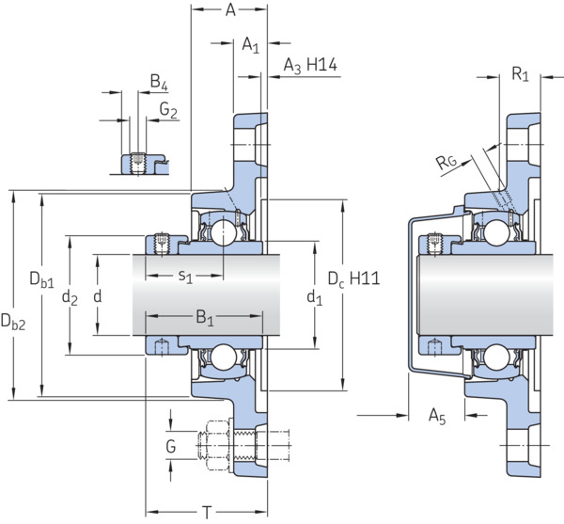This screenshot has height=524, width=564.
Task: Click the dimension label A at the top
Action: click(x=230, y=10)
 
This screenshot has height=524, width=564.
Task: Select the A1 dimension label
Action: click(x=250, y=45)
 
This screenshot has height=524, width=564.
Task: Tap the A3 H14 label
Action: click(x=310, y=66)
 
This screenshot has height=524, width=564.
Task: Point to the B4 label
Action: click(x=159, y=82)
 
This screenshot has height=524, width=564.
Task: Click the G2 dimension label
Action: click(x=168, y=109)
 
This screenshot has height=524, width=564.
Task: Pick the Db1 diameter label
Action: click(x=41, y=279)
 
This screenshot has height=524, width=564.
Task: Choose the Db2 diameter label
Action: click(x=13, y=322)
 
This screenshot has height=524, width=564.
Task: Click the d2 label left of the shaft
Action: click(x=70, y=298)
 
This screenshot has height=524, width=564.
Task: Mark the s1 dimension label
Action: click(x=185, y=277)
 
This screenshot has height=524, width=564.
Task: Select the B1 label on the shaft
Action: click(x=205, y=319)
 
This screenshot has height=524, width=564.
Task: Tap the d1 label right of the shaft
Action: click(x=314, y=297)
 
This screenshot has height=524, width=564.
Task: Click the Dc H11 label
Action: click(x=354, y=279)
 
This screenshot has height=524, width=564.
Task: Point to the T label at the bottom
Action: click(x=207, y=513)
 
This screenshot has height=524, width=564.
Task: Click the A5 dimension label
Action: click(x=437, y=417)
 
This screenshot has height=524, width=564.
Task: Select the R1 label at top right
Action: click(x=520, y=74)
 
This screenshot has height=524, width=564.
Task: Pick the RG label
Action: click(x=446, y=162)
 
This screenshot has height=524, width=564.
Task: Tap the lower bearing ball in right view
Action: click(x=496, y=357)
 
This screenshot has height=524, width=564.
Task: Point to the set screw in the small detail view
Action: click(x=137, y=163)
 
